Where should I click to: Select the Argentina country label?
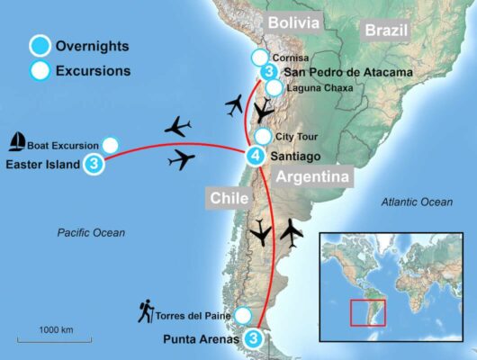coord(312,177)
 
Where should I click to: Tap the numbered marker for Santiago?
coord(256,157)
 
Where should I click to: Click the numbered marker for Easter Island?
coord(92,165)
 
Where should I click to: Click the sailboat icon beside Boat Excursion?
coord(16,142)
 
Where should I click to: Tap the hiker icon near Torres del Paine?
coord(144,312)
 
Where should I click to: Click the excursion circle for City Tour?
coord(262,137)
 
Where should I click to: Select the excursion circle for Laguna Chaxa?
coord(274,88)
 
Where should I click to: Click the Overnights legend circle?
coord(39,45)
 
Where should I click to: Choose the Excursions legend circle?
coord(39,69)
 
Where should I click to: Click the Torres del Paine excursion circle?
coord(242,316)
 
